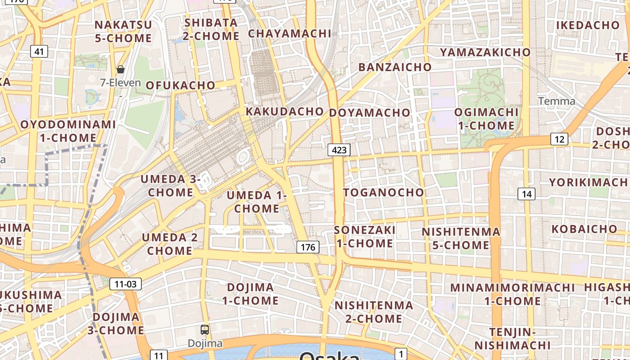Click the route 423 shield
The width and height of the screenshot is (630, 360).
339,150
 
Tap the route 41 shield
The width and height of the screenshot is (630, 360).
39,51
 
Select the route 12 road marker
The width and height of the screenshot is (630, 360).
559,139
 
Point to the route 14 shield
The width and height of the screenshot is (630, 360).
526,194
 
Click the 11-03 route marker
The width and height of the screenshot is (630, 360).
126,284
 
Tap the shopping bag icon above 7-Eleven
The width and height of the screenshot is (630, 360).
120,69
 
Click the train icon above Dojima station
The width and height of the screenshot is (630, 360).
205,329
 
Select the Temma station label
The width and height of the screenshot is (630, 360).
557,101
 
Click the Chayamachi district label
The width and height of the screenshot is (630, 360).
289,33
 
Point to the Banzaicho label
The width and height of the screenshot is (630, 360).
395,67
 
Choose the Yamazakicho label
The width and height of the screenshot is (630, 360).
485,52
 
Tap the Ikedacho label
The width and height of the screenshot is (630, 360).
588,25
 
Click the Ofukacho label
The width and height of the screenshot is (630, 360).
180,85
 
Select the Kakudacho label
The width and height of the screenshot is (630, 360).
284,111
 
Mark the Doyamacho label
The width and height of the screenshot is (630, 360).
370,112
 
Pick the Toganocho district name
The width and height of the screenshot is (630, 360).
383,193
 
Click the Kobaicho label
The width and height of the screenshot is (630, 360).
585,229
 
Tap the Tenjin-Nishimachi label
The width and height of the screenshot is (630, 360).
513,338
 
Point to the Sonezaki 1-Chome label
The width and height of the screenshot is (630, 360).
364,237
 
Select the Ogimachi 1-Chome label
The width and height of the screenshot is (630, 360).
486,118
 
